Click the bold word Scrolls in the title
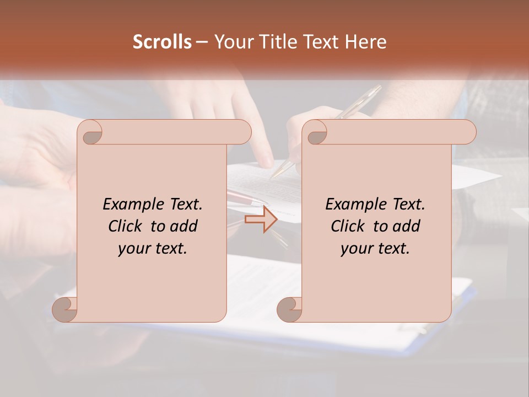[x=162, y=42]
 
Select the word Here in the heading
[x=365, y=42]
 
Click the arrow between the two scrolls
[x=261, y=219]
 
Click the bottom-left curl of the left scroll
[x=65, y=310]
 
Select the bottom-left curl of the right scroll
[x=289, y=310]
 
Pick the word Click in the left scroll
[x=126, y=226]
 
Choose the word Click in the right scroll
[x=349, y=226]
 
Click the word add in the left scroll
[x=185, y=226]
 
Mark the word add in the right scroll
[x=407, y=226]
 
